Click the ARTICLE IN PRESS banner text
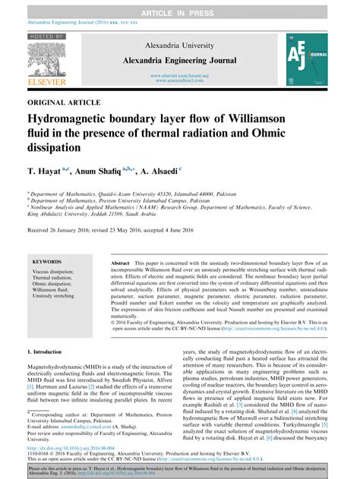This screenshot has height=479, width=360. coord(180,6)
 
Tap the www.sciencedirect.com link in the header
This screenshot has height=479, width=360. coord(180,80)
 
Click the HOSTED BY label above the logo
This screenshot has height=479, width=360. coord(46,35)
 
